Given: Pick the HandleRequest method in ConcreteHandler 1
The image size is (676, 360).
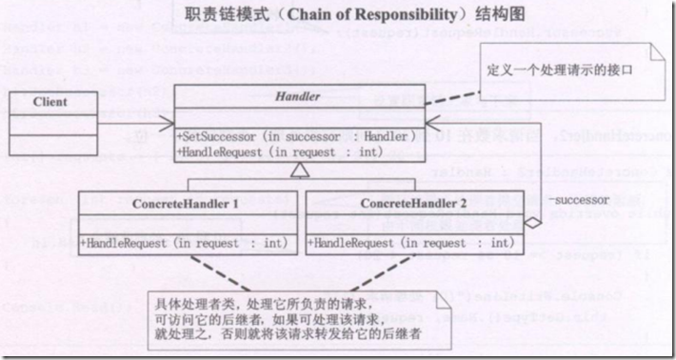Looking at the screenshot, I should pos(184,243).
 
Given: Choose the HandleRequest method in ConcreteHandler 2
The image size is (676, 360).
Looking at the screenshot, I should pos(408,243).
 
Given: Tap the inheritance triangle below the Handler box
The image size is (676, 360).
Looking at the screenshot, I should pos(299,170).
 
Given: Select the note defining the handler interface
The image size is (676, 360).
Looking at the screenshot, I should pos(563,70).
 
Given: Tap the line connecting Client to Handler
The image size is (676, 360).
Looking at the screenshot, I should pos(133,117).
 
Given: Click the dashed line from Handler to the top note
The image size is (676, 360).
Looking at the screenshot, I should pos(451,99).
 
